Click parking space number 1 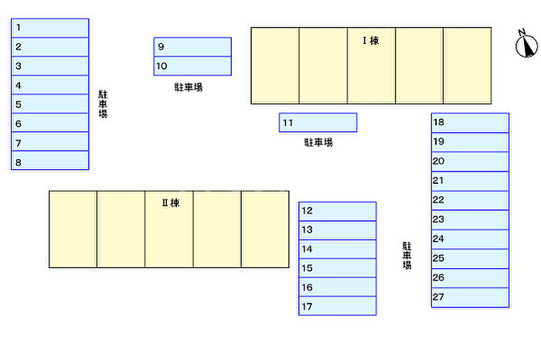[x=50, y=28]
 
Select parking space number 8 [x=50, y=161]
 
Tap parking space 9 [x=192, y=47]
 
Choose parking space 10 [x=192, y=66]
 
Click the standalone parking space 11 [x=318, y=123]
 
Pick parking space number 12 [x=338, y=211]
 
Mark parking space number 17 [x=338, y=306]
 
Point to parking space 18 [x=470, y=123]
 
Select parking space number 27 [x=470, y=297]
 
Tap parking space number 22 [x=470, y=200]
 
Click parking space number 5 [x=50, y=104]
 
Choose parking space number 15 [x=338, y=268]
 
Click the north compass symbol [x=526, y=45]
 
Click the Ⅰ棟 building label [x=371, y=40]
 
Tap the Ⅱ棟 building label [x=170, y=203]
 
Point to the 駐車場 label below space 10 [x=189, y=87]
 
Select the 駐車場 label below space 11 [x=318, y=142]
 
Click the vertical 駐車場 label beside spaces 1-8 [x=103, y=104]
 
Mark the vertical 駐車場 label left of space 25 [x=407, y=255]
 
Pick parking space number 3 [x=50, y=66]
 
